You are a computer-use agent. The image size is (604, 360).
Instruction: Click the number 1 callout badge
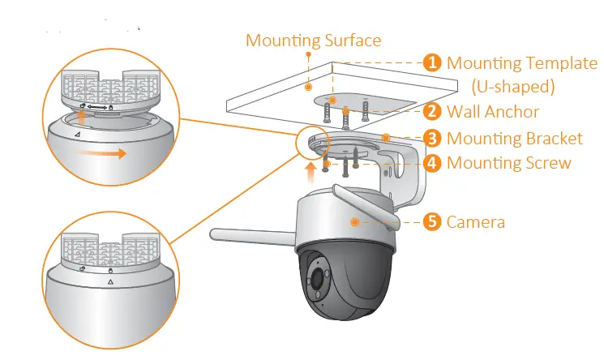tap(434, 62)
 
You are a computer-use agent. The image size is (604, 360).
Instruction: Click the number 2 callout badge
tap(434, 111)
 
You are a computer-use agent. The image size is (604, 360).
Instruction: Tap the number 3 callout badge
tap(434, 138)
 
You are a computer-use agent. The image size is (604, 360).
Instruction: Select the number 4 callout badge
tap(434, 163)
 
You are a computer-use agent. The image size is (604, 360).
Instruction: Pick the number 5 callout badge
tap(434, 221)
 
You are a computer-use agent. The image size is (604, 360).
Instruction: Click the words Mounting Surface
tap(313, 40)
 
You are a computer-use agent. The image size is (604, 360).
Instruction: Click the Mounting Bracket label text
tap(514, 138)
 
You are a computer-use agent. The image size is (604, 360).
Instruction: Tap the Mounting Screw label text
tap(508, 163)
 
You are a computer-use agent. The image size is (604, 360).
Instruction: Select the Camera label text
tap(476, 221)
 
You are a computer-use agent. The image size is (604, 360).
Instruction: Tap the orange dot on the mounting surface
tap(308, 84)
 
